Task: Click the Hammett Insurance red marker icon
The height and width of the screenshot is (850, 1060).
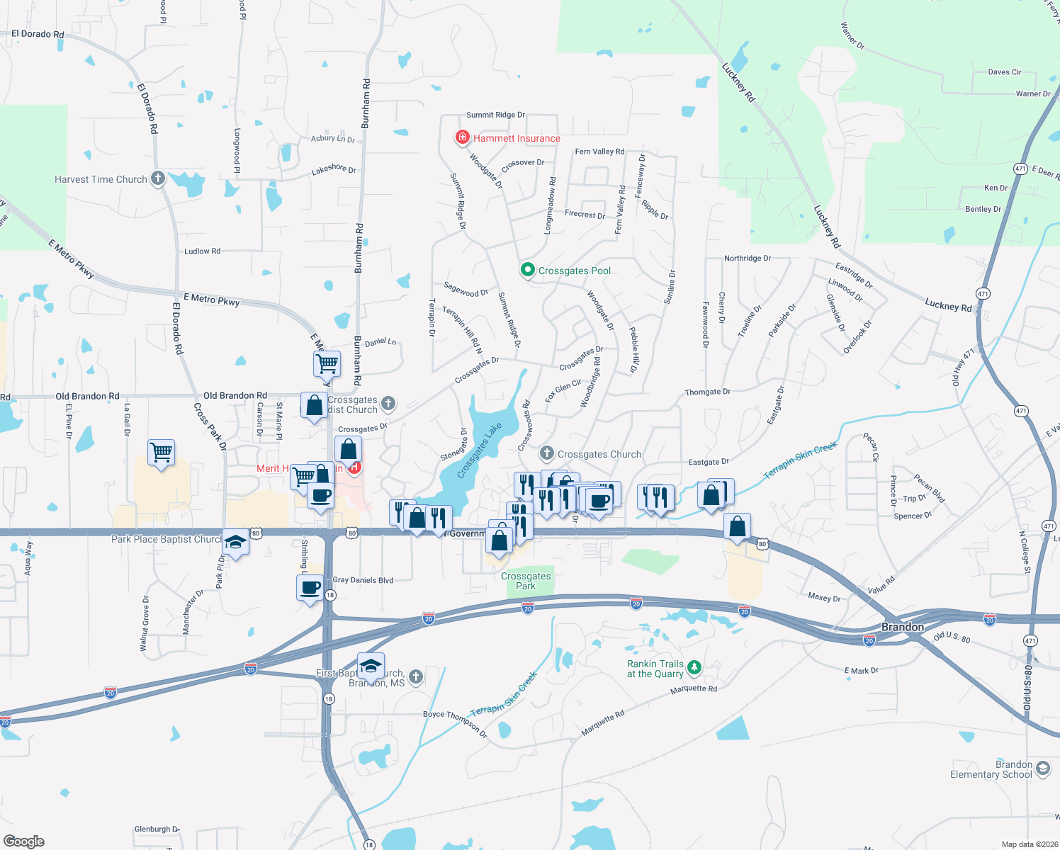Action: (463, 137)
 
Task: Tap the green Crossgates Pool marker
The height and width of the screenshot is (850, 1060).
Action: (527, 270)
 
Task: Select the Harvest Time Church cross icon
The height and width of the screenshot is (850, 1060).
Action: (158, 178)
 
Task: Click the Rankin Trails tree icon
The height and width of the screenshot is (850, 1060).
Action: (694, 667)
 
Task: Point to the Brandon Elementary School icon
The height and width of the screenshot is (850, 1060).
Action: (1042, 769)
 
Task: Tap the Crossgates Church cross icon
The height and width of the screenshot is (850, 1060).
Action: (546, 453)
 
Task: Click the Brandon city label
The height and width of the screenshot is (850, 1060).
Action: (902, 627)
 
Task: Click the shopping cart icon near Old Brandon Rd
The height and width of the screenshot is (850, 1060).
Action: (327, 364)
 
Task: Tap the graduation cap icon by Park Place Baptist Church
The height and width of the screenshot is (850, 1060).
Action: (235, 543)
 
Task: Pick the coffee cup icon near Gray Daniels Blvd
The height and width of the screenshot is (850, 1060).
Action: (310, 589)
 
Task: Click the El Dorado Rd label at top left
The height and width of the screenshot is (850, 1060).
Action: (38, 34)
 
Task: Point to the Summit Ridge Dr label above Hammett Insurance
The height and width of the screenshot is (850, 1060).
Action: (495, 115)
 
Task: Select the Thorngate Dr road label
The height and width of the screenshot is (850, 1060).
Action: (707, 392)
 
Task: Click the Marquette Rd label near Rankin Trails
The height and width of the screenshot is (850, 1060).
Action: (694, 688)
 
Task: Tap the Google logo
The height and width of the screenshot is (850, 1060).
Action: (24, 841)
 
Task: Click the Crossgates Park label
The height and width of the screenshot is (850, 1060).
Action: (526, 581)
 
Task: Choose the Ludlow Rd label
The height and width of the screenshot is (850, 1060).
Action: (202, 251)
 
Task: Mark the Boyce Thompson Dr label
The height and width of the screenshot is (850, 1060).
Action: (455, 722)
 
